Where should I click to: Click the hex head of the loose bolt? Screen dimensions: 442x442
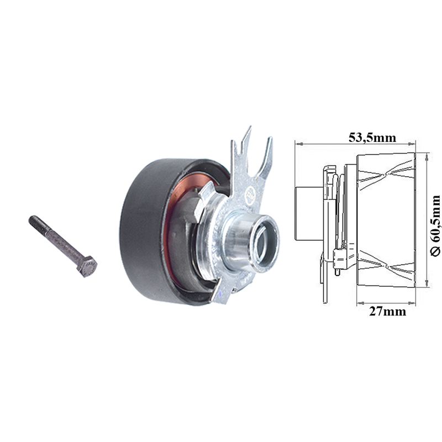click(x=87, y=267)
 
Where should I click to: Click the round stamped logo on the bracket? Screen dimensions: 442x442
click(x=250, y=194)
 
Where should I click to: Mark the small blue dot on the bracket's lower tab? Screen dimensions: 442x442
click(x=219, y=293)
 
